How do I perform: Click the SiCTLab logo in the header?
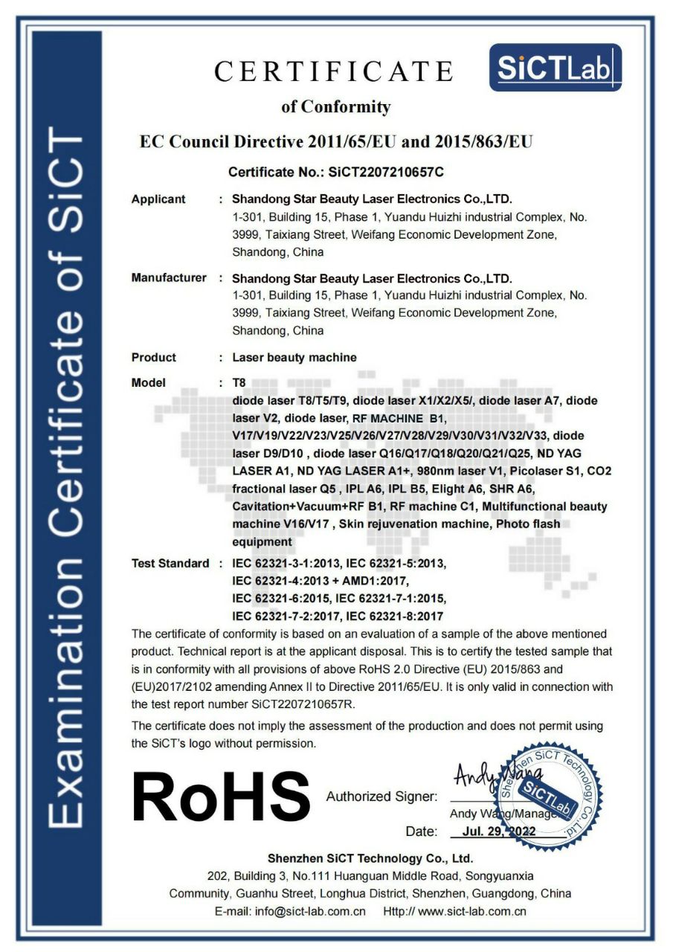(556, 68)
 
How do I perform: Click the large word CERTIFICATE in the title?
(334, 71)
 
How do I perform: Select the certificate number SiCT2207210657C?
(381, 173)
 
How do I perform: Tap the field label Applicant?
(158, 199)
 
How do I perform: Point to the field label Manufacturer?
(169, 278)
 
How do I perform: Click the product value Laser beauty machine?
(294, 358)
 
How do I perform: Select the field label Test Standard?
(170, 564)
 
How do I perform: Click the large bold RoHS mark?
(221, 797)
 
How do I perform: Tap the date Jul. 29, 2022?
(498, 832)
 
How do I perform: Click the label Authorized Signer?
(381, 797)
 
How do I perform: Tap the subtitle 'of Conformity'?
(335, 107)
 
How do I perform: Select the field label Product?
(154, 358)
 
